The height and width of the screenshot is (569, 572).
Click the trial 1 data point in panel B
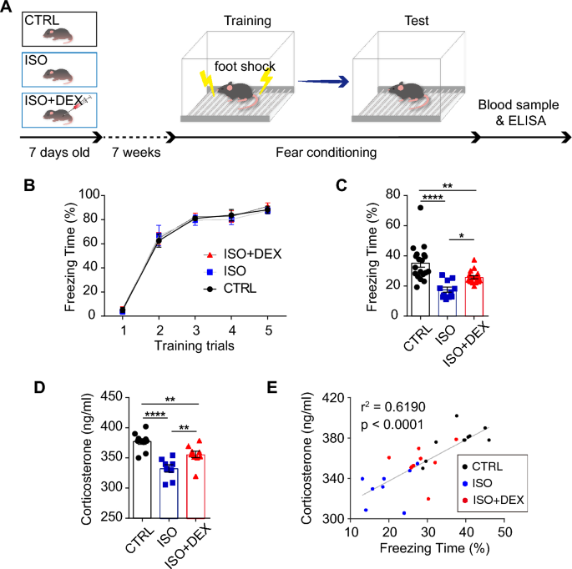point(123,310)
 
